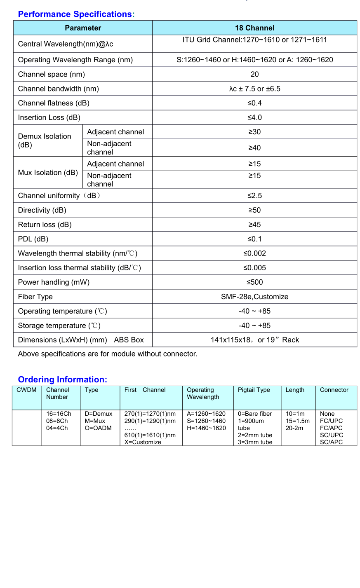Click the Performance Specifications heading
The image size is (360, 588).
(76, 14)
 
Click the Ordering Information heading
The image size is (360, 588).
(62, 380)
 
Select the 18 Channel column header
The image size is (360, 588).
(254, 28)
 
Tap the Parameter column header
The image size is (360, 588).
(82, 28)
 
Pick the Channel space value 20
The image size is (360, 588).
(254, 74)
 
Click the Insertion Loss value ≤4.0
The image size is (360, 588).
(254, 117)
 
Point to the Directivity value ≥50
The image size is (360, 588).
(254, 210)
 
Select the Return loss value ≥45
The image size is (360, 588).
(254, 225)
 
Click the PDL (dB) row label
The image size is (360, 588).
(33, 239)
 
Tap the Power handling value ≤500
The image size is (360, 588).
(254, 282)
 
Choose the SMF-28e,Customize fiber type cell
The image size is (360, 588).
(254, 297)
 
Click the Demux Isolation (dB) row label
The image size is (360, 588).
(45, 141)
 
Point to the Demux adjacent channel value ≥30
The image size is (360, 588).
(254, 132)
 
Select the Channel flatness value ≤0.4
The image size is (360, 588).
(254, 103)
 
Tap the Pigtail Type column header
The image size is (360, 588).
(254, 390)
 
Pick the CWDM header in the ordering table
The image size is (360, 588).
(26, 390)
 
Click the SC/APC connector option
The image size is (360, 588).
(331, 442)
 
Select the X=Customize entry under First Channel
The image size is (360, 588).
(143, 442)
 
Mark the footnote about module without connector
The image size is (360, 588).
(108, 354)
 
